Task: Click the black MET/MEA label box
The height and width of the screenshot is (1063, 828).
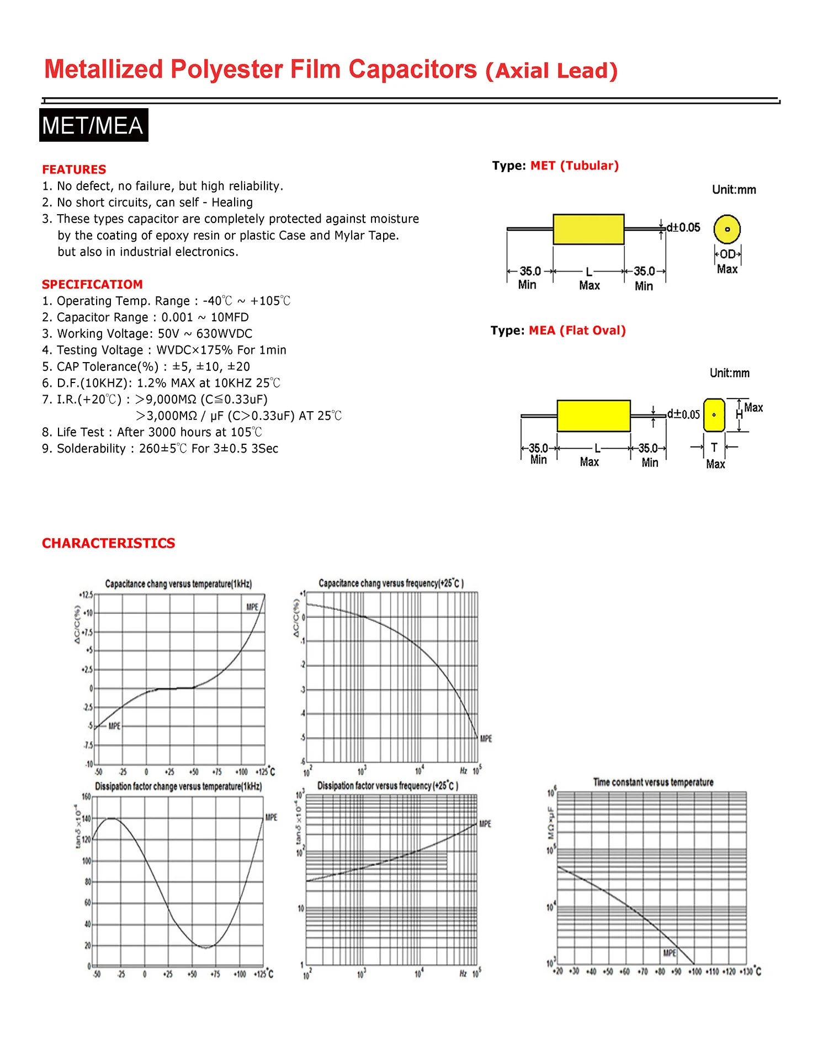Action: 93,125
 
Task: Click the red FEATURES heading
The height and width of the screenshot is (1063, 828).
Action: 74,169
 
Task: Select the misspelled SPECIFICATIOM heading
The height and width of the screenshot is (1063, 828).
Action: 92,284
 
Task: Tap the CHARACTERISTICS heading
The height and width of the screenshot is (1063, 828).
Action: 108,543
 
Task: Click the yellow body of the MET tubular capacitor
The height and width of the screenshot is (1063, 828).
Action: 588,229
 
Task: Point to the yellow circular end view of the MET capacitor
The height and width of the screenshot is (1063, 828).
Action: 727,229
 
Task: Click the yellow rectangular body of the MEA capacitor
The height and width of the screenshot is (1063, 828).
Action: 593,416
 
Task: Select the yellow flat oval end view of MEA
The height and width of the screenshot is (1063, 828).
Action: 714,415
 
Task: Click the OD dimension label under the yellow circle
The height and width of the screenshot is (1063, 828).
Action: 728,254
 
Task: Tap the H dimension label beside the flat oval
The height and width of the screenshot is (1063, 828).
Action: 739,414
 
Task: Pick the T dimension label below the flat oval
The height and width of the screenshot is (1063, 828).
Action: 714,448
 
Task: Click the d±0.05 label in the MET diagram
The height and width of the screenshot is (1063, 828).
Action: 683,227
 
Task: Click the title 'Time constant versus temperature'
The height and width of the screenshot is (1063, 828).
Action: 653,782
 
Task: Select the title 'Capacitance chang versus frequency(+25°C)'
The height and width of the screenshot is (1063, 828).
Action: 391,583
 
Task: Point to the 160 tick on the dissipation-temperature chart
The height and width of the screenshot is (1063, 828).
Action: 86,796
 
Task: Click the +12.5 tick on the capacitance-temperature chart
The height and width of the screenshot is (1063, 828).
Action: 86,595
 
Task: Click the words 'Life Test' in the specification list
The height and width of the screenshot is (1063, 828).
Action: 81,432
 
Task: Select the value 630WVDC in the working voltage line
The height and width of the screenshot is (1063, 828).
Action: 224,334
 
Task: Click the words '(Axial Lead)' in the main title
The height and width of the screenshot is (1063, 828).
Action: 551,71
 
